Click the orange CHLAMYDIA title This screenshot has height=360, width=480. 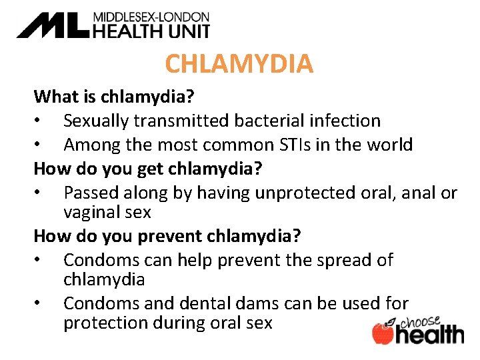(x=239, y=64)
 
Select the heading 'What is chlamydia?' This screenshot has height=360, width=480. (x=114, y=97)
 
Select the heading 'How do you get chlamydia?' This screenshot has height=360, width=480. (x=148, y=168)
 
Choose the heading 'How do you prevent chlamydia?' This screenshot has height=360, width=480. (x=167, y=236)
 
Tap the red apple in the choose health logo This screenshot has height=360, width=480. (x=383, y=333)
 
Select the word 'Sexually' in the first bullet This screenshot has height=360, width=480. (x=97, y=121)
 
